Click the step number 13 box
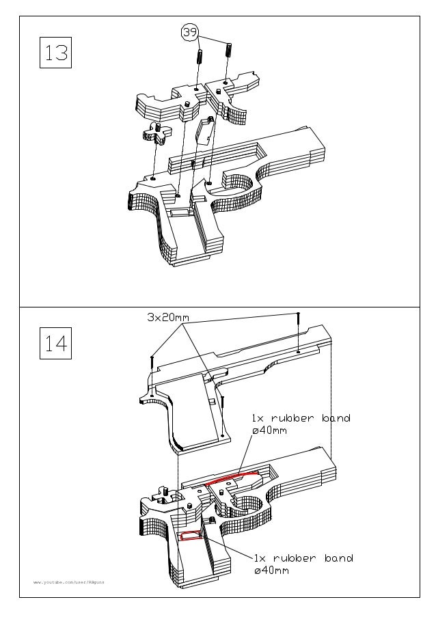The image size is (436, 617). tap(56, 52)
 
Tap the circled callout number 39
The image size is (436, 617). tap(189, 32)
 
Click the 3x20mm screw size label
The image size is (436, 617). tap(167, 318)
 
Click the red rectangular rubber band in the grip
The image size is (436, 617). tap(189, 536)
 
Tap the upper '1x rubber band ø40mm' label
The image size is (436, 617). tap(301, 424)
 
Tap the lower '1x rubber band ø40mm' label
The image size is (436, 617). tap(303, 564)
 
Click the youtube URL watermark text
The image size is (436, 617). tap(69, 582)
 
